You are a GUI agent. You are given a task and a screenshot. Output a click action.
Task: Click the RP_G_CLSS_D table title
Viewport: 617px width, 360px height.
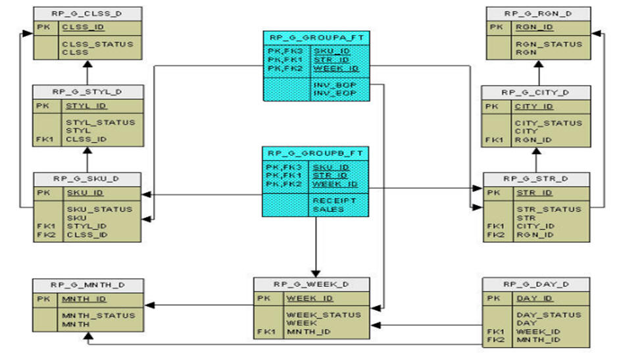click(x=87, y=13)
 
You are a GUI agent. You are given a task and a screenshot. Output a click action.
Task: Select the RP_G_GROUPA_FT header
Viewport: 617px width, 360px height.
click(x=316, y=37)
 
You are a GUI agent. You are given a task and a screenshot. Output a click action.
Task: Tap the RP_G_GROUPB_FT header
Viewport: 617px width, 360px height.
click(x=316, y=153)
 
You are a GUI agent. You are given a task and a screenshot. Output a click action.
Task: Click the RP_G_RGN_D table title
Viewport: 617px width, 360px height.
click(x=538, y=13)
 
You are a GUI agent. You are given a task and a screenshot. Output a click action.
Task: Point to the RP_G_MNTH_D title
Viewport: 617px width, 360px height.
click(x=87, y=285)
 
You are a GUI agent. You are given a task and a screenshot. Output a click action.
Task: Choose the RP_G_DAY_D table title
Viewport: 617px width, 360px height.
click(x=535, y=284)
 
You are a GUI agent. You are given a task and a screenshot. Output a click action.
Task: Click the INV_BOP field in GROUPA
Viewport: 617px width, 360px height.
click(x=334, y=85)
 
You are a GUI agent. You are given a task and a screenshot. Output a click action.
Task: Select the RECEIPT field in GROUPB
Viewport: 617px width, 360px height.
click(x=334, y=200)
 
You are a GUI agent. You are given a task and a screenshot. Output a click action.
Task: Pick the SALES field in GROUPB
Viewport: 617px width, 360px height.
click(x=328, y=209)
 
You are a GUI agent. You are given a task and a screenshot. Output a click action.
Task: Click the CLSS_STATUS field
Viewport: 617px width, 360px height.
click(x=97, y=44)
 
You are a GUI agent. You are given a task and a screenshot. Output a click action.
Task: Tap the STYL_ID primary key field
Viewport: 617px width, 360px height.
click(x=86, y=105)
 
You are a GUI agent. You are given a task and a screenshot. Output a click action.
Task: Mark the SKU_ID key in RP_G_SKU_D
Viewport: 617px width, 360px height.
click(x=84, y=193)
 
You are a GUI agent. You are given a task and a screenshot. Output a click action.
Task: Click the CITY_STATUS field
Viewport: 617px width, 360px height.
click(x=549, y=122)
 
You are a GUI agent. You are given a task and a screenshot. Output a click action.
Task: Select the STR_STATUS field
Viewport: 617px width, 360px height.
click(x=549, y=209)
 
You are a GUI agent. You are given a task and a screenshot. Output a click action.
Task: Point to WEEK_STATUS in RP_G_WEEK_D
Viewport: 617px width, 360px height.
click(x=323, y=315)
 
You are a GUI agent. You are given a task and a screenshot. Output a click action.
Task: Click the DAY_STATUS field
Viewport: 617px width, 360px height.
click(x=547, y=315)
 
